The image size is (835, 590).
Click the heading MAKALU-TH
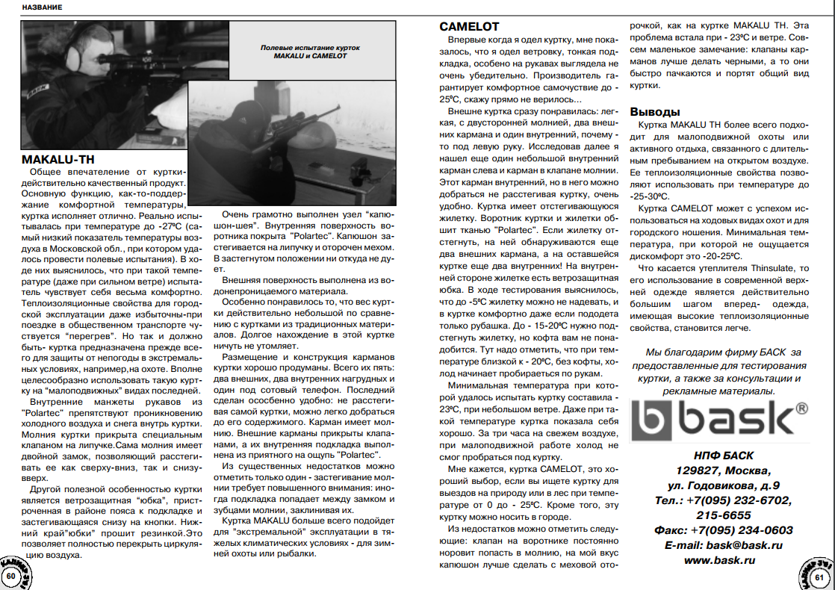coord(58,160)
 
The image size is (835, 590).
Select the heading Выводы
coord(655,112)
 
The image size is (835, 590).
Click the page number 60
coord(11,577)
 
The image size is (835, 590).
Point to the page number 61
coord(819,577)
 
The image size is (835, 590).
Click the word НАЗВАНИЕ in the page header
coord(42,7)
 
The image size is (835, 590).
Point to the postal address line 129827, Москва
coord(722,471)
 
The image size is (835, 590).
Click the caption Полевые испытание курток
coord(310,47)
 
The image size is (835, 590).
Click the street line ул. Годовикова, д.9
coord(723,485)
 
